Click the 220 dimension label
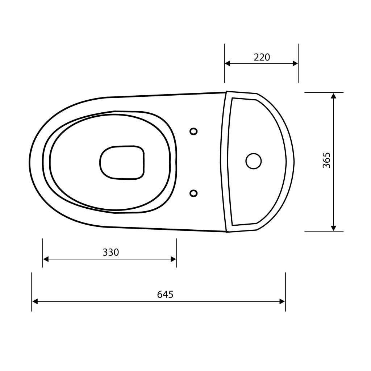coord(262,57)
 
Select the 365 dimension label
coord(326,160)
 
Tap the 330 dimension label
coord(111,253)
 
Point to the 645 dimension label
coord(165,294)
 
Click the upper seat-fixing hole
coord(193,131)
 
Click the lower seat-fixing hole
coord(193,193)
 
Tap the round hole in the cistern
coord(253,161)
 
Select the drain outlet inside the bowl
coord(122,162)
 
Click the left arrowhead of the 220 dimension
coord(228,63)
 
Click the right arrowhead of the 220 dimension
coord(295,63)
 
